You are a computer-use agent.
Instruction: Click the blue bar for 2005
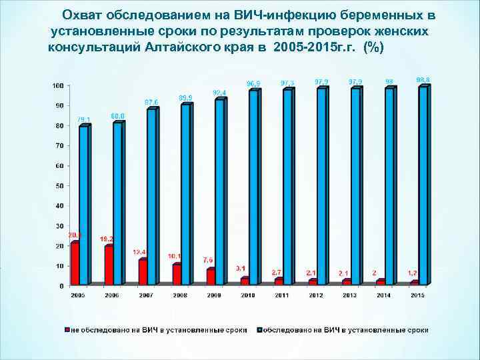click(83, 205)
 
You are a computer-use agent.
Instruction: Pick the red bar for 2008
click(177, 275)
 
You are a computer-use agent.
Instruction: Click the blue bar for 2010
click(253, 188)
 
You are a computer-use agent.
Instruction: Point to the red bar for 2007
click(143, 272)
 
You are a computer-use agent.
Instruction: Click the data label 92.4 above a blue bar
click(219, 92)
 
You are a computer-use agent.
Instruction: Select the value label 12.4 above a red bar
click(140, 252)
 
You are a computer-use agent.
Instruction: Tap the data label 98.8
click(423, 79)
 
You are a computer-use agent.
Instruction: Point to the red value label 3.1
click(241, 268)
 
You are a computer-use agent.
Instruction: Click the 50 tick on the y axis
click(60, 185)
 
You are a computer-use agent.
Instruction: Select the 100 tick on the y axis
click(59, 85)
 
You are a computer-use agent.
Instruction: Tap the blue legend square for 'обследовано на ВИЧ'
click(259, 330)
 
